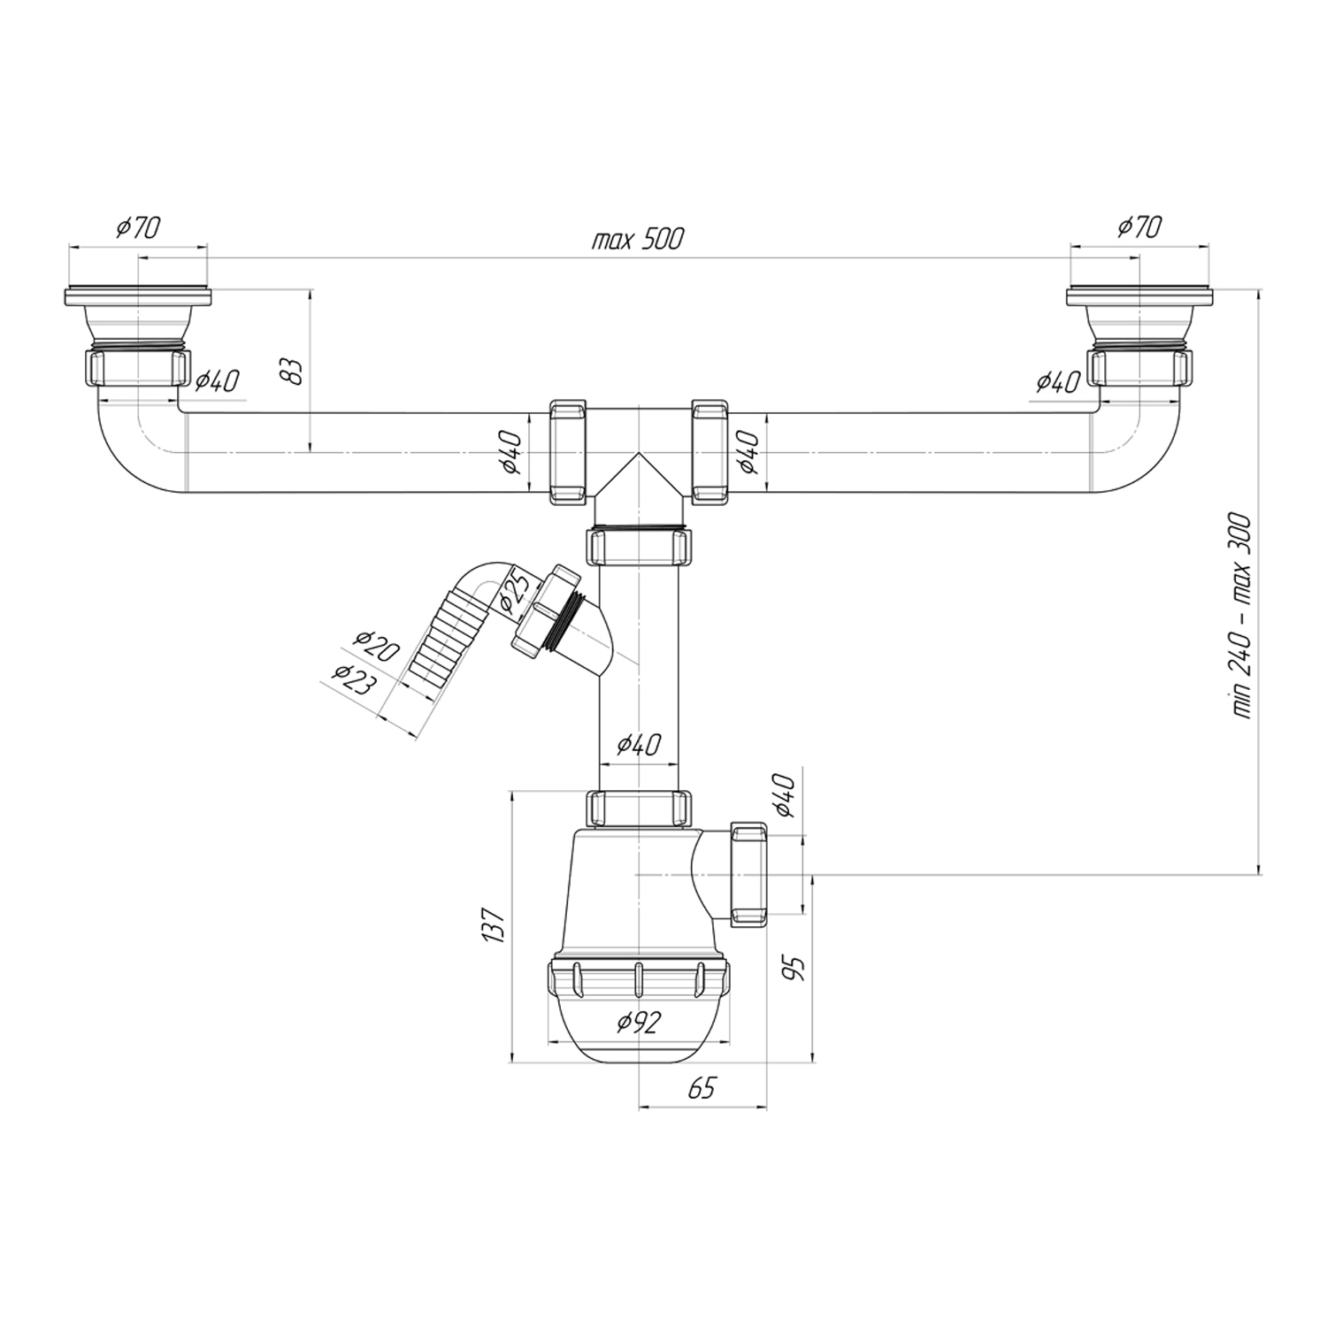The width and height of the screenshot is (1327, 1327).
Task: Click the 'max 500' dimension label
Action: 637,239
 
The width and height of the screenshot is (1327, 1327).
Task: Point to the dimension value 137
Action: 495,925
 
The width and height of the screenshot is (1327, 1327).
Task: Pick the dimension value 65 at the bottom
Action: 702,1088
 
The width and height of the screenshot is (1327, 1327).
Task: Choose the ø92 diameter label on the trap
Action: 640,1023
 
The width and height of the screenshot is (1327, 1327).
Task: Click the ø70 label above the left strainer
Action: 137,227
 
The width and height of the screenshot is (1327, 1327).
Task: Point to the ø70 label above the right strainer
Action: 1139,227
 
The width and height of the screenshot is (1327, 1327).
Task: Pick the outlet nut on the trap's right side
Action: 748,874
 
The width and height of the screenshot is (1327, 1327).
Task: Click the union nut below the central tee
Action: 639,547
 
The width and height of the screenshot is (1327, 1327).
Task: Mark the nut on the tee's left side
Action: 567,452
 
